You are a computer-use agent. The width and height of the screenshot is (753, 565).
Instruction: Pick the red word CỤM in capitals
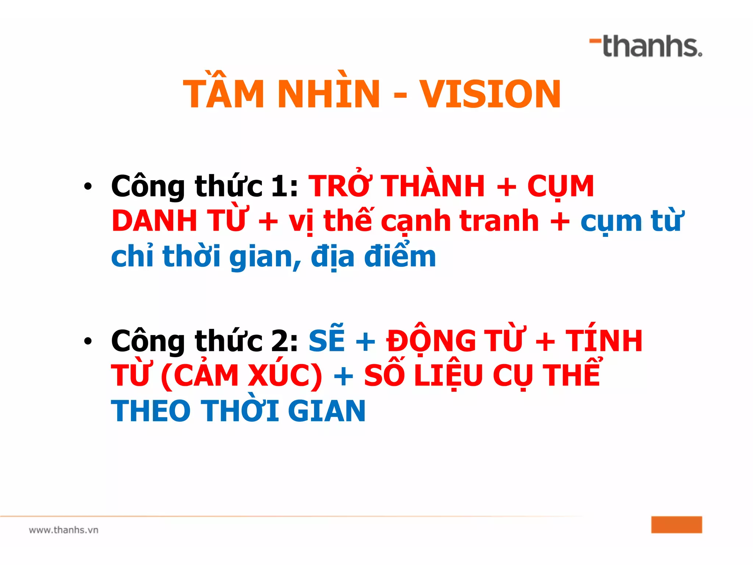click(560, 187)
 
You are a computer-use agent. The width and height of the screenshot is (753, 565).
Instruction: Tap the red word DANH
click(155, 221)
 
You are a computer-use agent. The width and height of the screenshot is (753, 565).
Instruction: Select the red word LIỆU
click(448, 376)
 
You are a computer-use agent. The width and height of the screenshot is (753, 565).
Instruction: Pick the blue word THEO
click(151, 411)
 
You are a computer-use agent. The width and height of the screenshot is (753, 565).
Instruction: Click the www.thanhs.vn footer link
click(64, 530)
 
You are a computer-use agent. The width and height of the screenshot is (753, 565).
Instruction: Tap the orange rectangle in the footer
click(677, 525)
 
